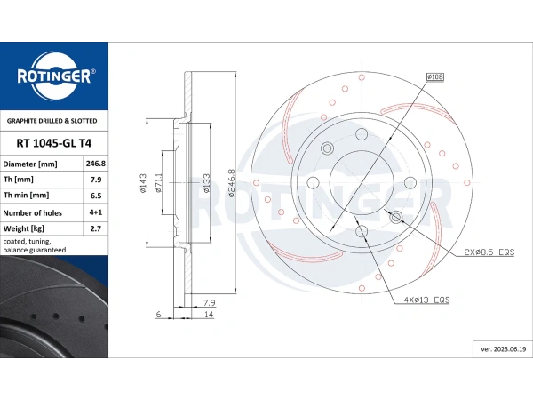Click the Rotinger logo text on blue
54,76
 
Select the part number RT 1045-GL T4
53,143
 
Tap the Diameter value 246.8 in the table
96,164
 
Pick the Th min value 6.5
96,196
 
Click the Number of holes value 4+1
96,212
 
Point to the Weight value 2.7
96,228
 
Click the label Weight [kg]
23,228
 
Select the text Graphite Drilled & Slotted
52,121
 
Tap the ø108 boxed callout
435,76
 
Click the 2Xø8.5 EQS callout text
489,252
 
